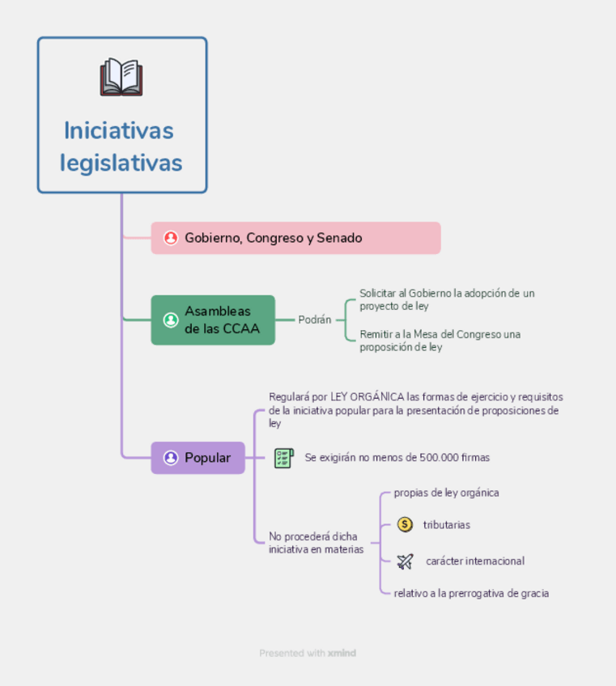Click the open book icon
point(121,78)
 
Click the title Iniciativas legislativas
point(121,146)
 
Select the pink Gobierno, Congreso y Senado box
point(295,238)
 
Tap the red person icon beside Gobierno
point(171,238)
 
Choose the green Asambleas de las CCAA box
point(213,320)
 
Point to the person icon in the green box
point(171,320)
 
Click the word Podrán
point(315,320)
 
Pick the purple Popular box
point(198,458)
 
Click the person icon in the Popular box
point(171,458)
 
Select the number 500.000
point(439,458)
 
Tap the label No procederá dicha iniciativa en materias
point(316,543)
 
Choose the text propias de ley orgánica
point(446,493)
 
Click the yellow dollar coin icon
point(406,525)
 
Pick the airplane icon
point(406,561)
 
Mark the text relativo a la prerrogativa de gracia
point(471,593)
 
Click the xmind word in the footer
point(342,653)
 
